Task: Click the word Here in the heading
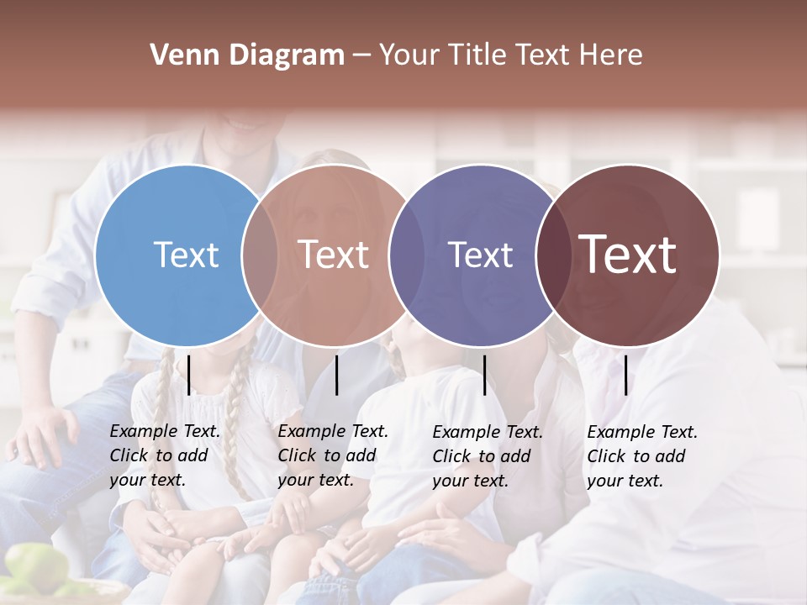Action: pos(613,55)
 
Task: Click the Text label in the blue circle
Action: pos(186,255)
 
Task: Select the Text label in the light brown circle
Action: pos(334,255)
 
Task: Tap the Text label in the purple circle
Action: pos(481,255)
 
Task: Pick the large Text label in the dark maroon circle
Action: pos(628,255)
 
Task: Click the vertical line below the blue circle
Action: pos(189,375)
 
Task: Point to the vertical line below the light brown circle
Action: pos(337,375)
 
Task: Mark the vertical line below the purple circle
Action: pos(484,375)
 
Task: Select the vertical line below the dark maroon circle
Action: pos(626,375)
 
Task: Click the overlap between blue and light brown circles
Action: pos(260,255)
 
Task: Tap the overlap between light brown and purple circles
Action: pos(406,255)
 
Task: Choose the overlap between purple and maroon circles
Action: pos(553,255)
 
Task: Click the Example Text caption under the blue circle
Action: pos(164,455)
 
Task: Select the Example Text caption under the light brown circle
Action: pos(332,455)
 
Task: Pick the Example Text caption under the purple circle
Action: pos(487,456)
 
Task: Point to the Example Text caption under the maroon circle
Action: pos(641,456)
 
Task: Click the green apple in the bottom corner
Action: pos(34,567)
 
